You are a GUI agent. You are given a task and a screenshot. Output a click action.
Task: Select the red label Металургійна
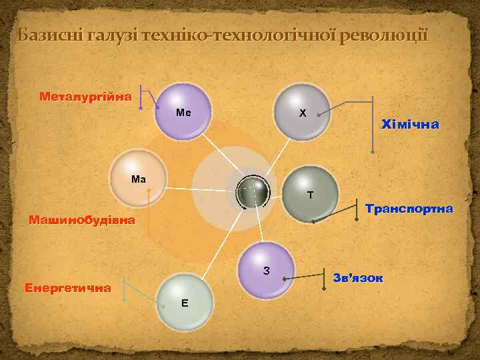click(85, 97)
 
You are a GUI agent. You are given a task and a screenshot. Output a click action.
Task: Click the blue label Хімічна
click(409, 124)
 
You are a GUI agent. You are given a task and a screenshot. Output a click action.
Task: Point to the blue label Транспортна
click(409, 209)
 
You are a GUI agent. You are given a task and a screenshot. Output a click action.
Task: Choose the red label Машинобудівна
click(81, 220)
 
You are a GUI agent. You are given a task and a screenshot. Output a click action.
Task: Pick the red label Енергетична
click(67, 289)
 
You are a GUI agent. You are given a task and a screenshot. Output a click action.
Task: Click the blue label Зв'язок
click(358, 277)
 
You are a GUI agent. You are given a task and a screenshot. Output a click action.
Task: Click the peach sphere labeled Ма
click(141, 177)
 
